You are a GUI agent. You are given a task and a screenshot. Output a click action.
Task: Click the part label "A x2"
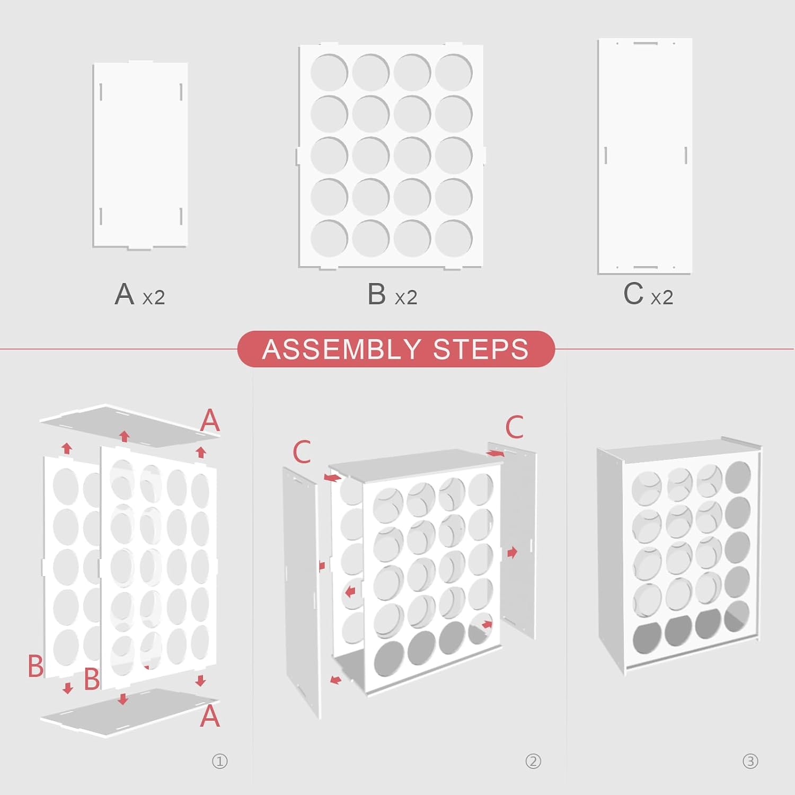[140, 295]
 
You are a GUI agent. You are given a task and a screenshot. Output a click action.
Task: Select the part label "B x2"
[392, 295]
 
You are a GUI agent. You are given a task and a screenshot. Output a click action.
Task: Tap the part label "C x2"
[648, 295]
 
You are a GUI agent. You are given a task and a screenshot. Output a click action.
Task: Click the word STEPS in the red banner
[481, 349]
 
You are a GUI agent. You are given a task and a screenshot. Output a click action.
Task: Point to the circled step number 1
[219, 762]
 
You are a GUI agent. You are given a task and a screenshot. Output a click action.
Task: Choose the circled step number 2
[533, 762]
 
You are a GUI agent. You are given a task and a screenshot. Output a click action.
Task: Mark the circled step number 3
[750, 762]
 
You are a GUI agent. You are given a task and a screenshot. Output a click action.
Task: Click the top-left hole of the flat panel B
[329, 73]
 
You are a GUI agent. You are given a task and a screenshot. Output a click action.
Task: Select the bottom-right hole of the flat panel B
[454, 238]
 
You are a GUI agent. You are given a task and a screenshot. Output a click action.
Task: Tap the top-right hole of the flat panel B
[454, 73]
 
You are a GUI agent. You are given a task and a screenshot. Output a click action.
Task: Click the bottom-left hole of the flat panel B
[329, 238]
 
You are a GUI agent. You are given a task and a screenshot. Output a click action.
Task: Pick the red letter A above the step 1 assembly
[210, 420]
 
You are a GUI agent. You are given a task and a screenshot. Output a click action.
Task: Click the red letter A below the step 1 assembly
[210, 716]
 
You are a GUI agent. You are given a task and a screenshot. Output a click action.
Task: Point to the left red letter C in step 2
[302, 452]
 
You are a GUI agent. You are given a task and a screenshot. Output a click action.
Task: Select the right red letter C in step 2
[514, 427]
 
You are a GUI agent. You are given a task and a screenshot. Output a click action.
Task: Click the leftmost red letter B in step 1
[36, 666]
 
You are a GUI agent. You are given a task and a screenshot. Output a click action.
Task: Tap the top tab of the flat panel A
[140, 63]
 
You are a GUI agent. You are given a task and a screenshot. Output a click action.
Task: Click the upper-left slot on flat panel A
[101, 92]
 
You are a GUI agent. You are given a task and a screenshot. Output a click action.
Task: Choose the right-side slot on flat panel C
[686, 156]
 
